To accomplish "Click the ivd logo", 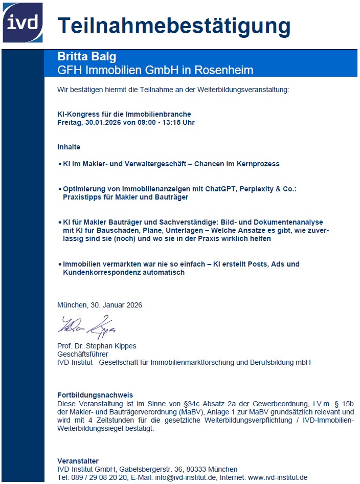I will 22,22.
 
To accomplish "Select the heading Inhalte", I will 69,147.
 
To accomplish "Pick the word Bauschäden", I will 108,231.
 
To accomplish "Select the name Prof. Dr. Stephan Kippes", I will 97,346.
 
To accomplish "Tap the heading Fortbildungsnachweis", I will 95,395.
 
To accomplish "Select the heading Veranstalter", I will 78,461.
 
